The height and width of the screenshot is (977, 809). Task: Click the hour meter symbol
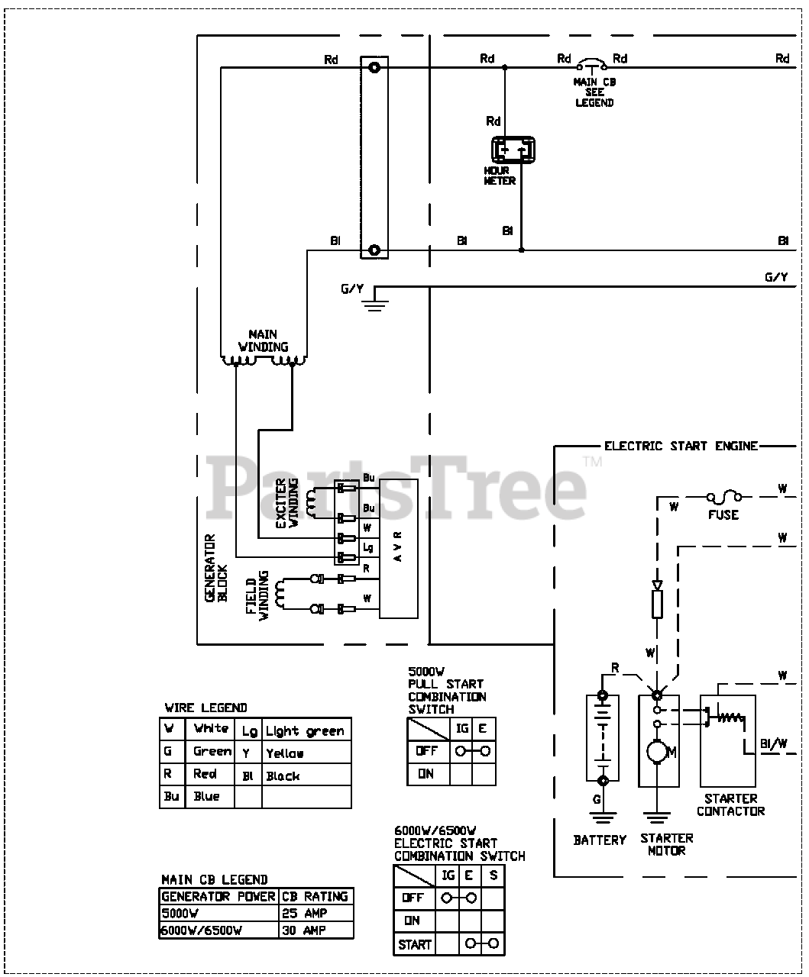pyautogui.click(x=513, y=151)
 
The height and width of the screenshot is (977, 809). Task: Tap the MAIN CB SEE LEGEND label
pyautogui.click(x=594, y=92)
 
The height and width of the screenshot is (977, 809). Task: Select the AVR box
pyautogui.click(x=398, y=548)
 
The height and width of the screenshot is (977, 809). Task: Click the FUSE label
pyautogui.click(x=723, y=514)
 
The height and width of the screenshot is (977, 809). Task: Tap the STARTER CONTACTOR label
pyautogui.click(x=730, y=804)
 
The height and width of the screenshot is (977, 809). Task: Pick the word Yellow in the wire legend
pyautogui.click(x=285, y=753)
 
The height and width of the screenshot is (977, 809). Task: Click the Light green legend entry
pyautogui.click(x=305, y=731)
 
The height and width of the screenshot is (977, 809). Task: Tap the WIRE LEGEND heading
pyautogui.click(x=205, y=708)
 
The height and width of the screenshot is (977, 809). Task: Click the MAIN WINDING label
pyautogui.click(x=263, y=340)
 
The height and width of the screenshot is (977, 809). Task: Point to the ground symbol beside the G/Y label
pyautogui.click(x=374, y=305)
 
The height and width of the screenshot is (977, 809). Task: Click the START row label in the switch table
pyautogui.click(x=414, y=944)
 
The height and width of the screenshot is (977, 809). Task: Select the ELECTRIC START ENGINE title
pyautogui.click(x=681, y=446)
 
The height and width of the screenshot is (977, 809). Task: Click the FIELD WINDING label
pyautogui.click(x=257, y=595)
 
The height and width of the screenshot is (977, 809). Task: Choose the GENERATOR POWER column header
pyautogui.click(x=218, y=896)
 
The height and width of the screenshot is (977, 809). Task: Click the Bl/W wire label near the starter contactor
pyautogui.click(x=773, y=743)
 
